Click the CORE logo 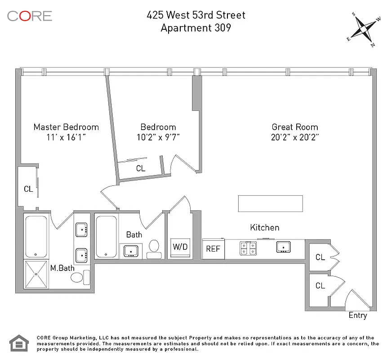click(x=30, y=16)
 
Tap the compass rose click(x=364, y=29)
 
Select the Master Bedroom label click(x=66, y=127)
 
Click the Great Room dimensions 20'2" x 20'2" click(x=294, y=138)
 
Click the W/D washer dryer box click(x=179, y=248)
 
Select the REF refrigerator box click(x=213, y=249)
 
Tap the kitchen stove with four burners click(x=248, y=247)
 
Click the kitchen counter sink click(x=283, y=247)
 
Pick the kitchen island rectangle click(x=270, y=203)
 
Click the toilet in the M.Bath click(x=77, y=277)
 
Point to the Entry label click(x=358, y=315)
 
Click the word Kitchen click(x=265, y=228)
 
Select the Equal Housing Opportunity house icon click(x=19, y=343)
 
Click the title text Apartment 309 click(x=196, y=28)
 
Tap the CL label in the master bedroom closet click(x=28, y=189)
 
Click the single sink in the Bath click(x=131, y=250)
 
